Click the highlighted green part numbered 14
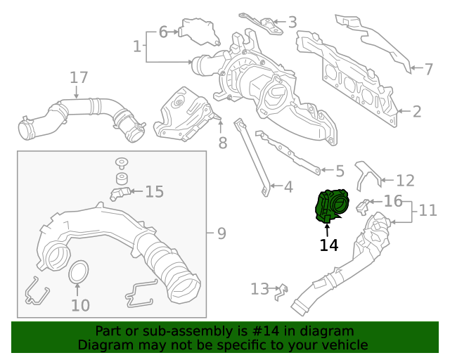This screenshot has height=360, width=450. coord(332,206)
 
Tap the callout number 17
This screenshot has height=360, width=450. coord(79,78)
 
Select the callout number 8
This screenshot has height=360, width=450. coord(223,143)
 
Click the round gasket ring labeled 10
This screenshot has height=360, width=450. coord(79,271)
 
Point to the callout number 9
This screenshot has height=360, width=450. coord(221,233)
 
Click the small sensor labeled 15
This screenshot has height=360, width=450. coord(120,193)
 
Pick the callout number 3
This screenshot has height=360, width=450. coord(292,22)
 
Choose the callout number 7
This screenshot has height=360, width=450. coord(428,69)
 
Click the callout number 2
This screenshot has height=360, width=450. coord(417,111)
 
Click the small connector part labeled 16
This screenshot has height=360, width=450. coord(363,207)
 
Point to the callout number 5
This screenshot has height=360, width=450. coord(340,171)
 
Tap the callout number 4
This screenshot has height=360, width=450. coord(288,187)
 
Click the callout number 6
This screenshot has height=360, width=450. coord(163,32)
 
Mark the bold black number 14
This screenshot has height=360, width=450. coord(329,245)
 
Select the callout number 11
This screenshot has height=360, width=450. coord(428,210)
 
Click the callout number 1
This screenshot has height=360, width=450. coord(137,46)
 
